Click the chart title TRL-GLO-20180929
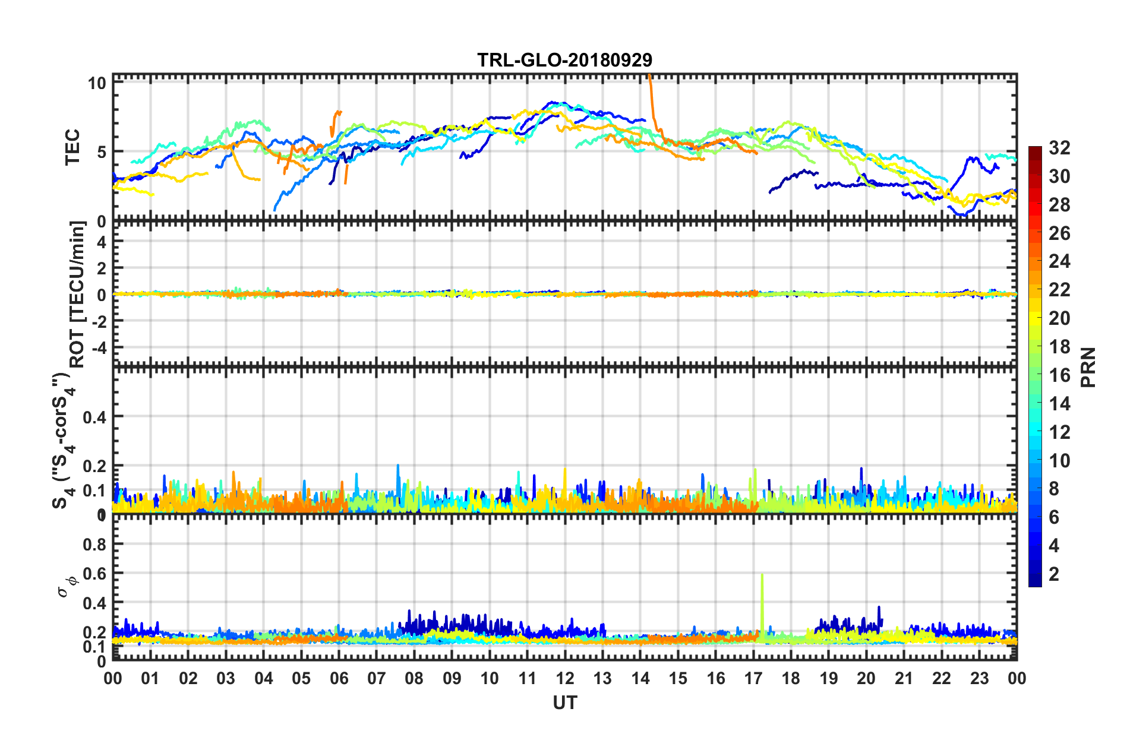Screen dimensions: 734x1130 564,60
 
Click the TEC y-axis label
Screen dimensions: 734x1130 72,148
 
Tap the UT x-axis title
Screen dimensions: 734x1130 564,703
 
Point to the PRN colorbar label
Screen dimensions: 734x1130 1088,368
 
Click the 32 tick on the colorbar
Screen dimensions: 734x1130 1059,148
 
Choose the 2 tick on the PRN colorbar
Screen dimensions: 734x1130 1054,574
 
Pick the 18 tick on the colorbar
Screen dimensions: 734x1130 1059,347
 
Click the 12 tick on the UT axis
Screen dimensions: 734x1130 565,678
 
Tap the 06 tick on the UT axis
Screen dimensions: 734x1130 339,678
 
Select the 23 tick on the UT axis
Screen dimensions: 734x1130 979,678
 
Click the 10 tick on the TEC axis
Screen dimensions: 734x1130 97,83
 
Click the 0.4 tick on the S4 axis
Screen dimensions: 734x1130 94,417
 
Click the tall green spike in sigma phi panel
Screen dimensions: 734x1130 762,600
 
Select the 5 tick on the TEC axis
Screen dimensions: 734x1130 102,152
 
